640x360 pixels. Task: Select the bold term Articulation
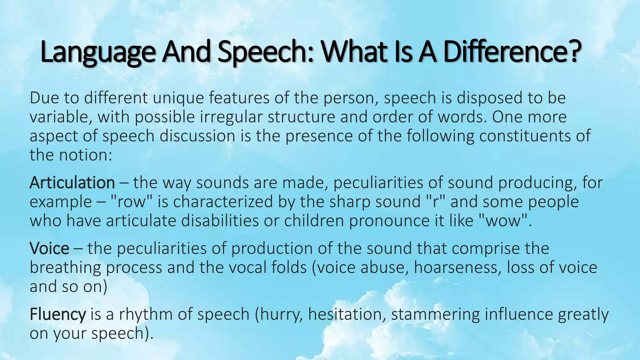click(x=72, y=182)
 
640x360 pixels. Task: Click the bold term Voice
click(x=49, y=248)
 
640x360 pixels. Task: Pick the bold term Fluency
click(x=57, y=314)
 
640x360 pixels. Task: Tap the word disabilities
click(x=220, y=221)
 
